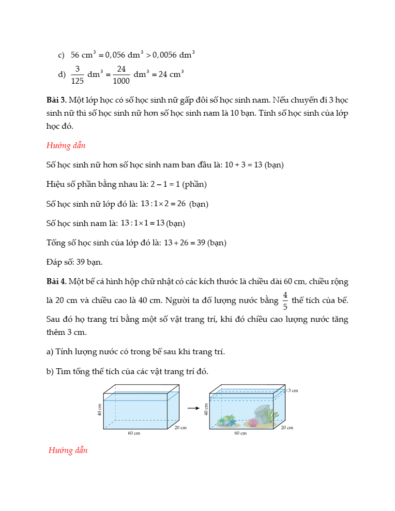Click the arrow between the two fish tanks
point(194,408)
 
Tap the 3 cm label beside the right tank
point(292,390)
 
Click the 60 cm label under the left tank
point(134,433)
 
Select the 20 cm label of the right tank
point(287,427)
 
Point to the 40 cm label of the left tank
point(100,409)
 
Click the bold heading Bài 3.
point(56,101)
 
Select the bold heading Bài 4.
point(56,282)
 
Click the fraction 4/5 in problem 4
point(285,301)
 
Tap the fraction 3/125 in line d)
point(77,75)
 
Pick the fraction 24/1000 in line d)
point(121,75)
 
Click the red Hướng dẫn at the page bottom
point(68,451)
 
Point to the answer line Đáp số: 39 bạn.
point(74,262)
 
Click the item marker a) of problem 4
point(50,352)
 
